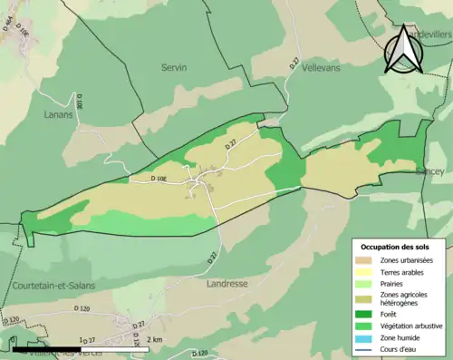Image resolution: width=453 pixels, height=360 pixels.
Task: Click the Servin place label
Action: [x=174, y=68]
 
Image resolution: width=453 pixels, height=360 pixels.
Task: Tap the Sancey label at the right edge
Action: [x=429, y=170]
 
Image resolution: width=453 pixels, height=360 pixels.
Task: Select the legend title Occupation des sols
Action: [x=395, y=247]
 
